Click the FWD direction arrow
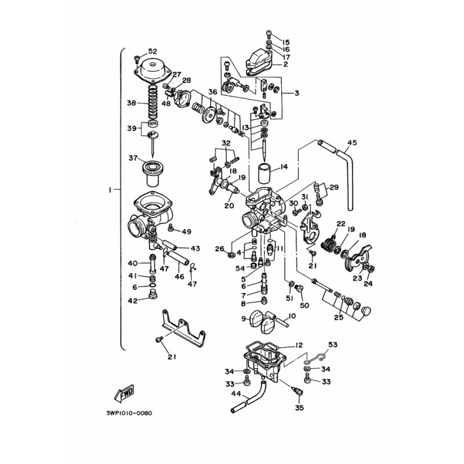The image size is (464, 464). coord(124,393)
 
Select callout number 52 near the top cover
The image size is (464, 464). coord(153,51)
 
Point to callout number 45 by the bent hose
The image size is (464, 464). coord(352,143)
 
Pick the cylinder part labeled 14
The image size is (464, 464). coord(265,173)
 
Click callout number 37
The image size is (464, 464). coord(133,158)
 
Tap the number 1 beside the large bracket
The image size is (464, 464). coord(110,190)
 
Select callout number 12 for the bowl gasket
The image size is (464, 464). coord(299,345)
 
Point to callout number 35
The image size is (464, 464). coord(299,408)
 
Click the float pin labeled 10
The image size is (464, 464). coord(282,322)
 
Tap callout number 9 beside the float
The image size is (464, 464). coord(244,318)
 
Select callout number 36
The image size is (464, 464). coord(212,92)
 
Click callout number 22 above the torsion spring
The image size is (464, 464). coord(341,224)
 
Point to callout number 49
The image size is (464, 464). coord(186,231)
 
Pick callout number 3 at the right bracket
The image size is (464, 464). coord(296,93)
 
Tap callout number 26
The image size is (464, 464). coord(219,249)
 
